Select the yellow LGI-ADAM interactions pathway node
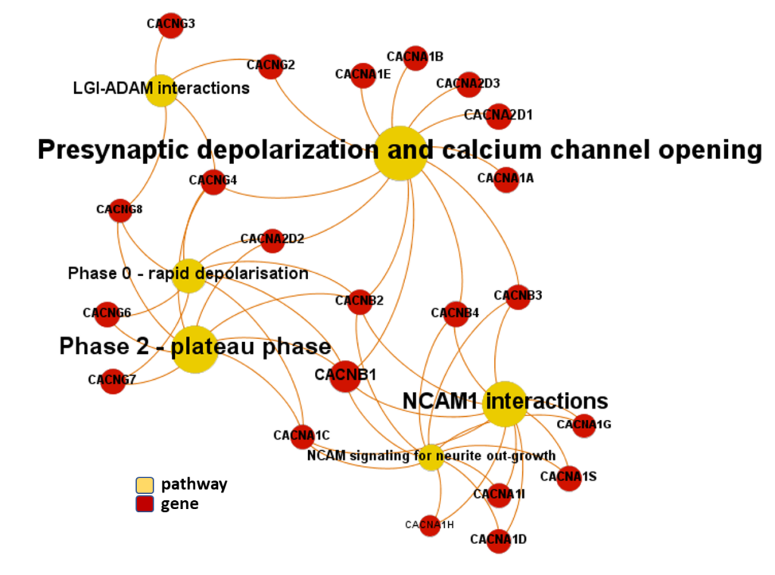coord(160,89)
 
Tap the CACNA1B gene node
coord(415,57)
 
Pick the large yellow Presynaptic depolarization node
coord(400,153)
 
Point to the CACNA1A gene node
coord(506,179)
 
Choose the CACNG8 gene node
coord(120,210)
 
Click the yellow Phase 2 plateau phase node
coord(195,349)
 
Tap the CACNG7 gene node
coord(112,381)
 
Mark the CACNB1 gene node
coord(344,376)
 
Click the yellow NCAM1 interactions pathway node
coord(503,403)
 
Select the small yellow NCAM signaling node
coord(430,457)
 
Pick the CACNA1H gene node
coord(429,525)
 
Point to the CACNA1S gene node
coord(568,477)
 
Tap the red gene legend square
coord(144,504)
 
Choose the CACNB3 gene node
coord(517,297)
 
